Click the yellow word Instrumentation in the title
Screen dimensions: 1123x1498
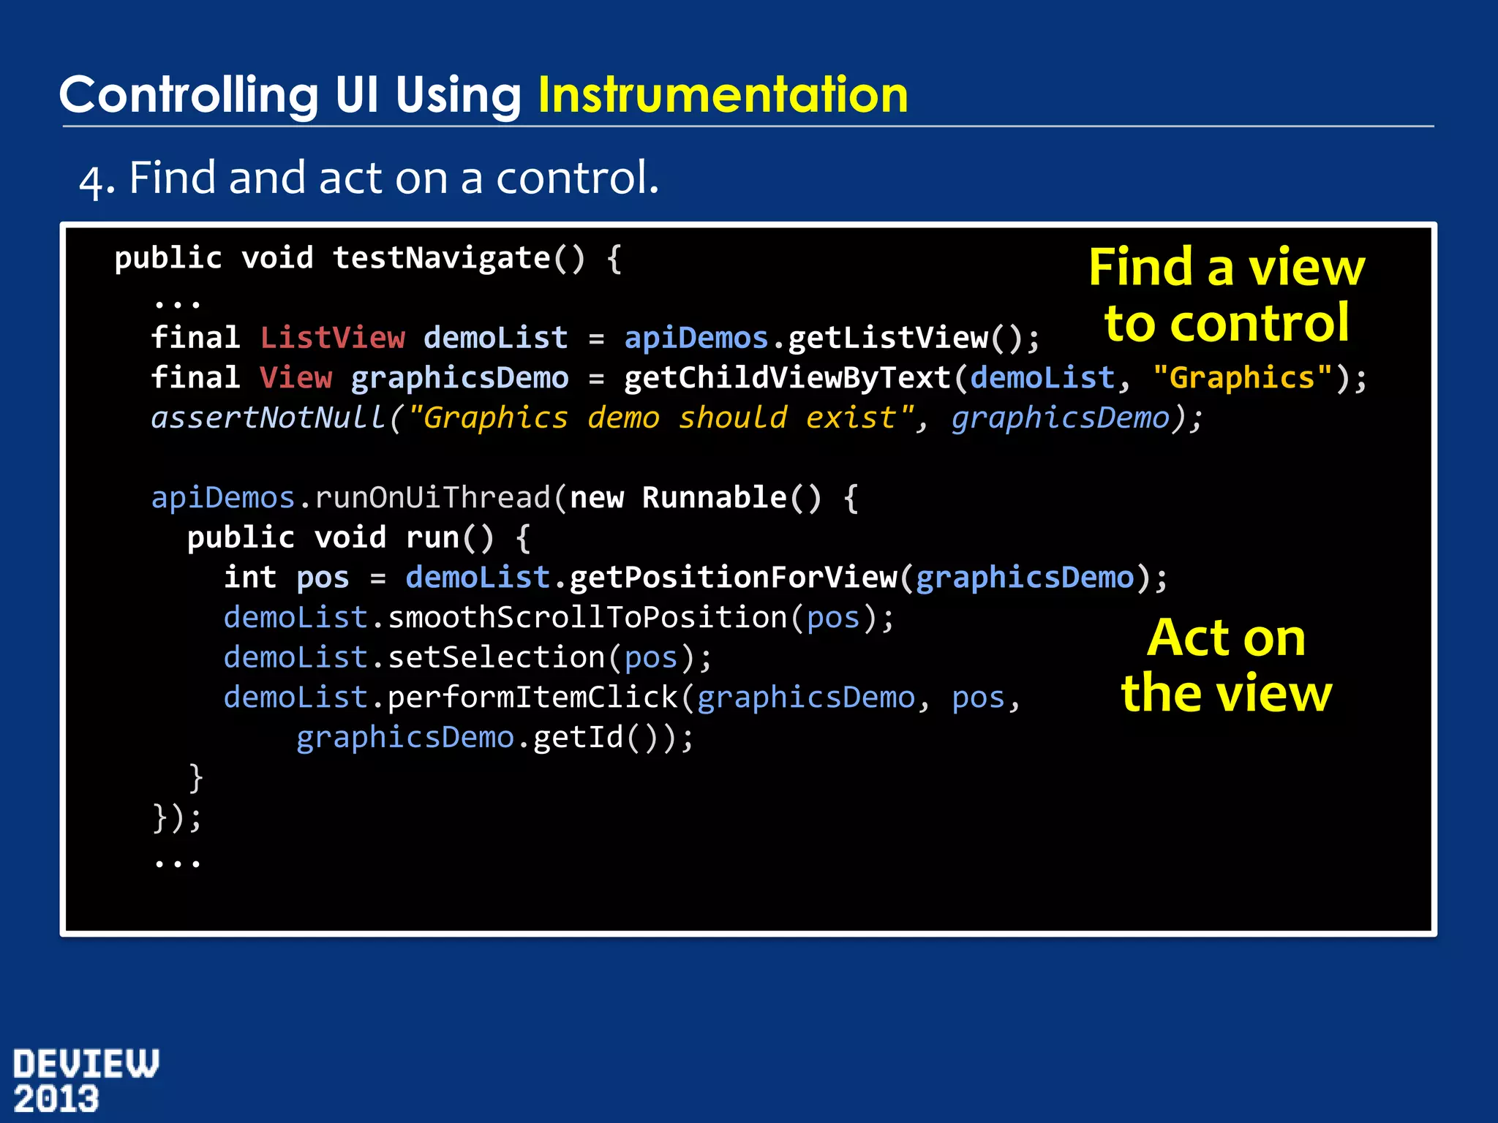(x=723, y=96)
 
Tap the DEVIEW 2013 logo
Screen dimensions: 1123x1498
(x=86, y=1081)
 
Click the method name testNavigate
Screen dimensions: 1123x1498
(x=441, y=258)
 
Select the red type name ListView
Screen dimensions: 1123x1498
(x=332, y=338)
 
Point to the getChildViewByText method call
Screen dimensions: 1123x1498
(x=787, y=378)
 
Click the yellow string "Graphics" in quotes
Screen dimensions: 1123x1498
(x=1242, y=378)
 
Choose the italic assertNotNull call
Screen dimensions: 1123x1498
(x=268, y=418)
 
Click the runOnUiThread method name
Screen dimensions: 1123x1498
(x=432, y=498)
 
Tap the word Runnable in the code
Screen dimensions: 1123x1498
(x=714, y=498)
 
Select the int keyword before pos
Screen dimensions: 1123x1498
(x=250, y=578)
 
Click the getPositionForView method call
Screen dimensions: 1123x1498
(x=733, y=578)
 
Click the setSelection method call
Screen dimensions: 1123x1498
(x=496, y=658)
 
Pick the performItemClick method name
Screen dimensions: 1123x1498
(x=532, y=697)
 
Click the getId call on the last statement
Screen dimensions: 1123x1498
(x=578, y=738)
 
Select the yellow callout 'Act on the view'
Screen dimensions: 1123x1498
(x=1227, y=665)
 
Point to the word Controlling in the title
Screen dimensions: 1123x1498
(x=188, y=96)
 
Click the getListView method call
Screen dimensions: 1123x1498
(x=888, y=338)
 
